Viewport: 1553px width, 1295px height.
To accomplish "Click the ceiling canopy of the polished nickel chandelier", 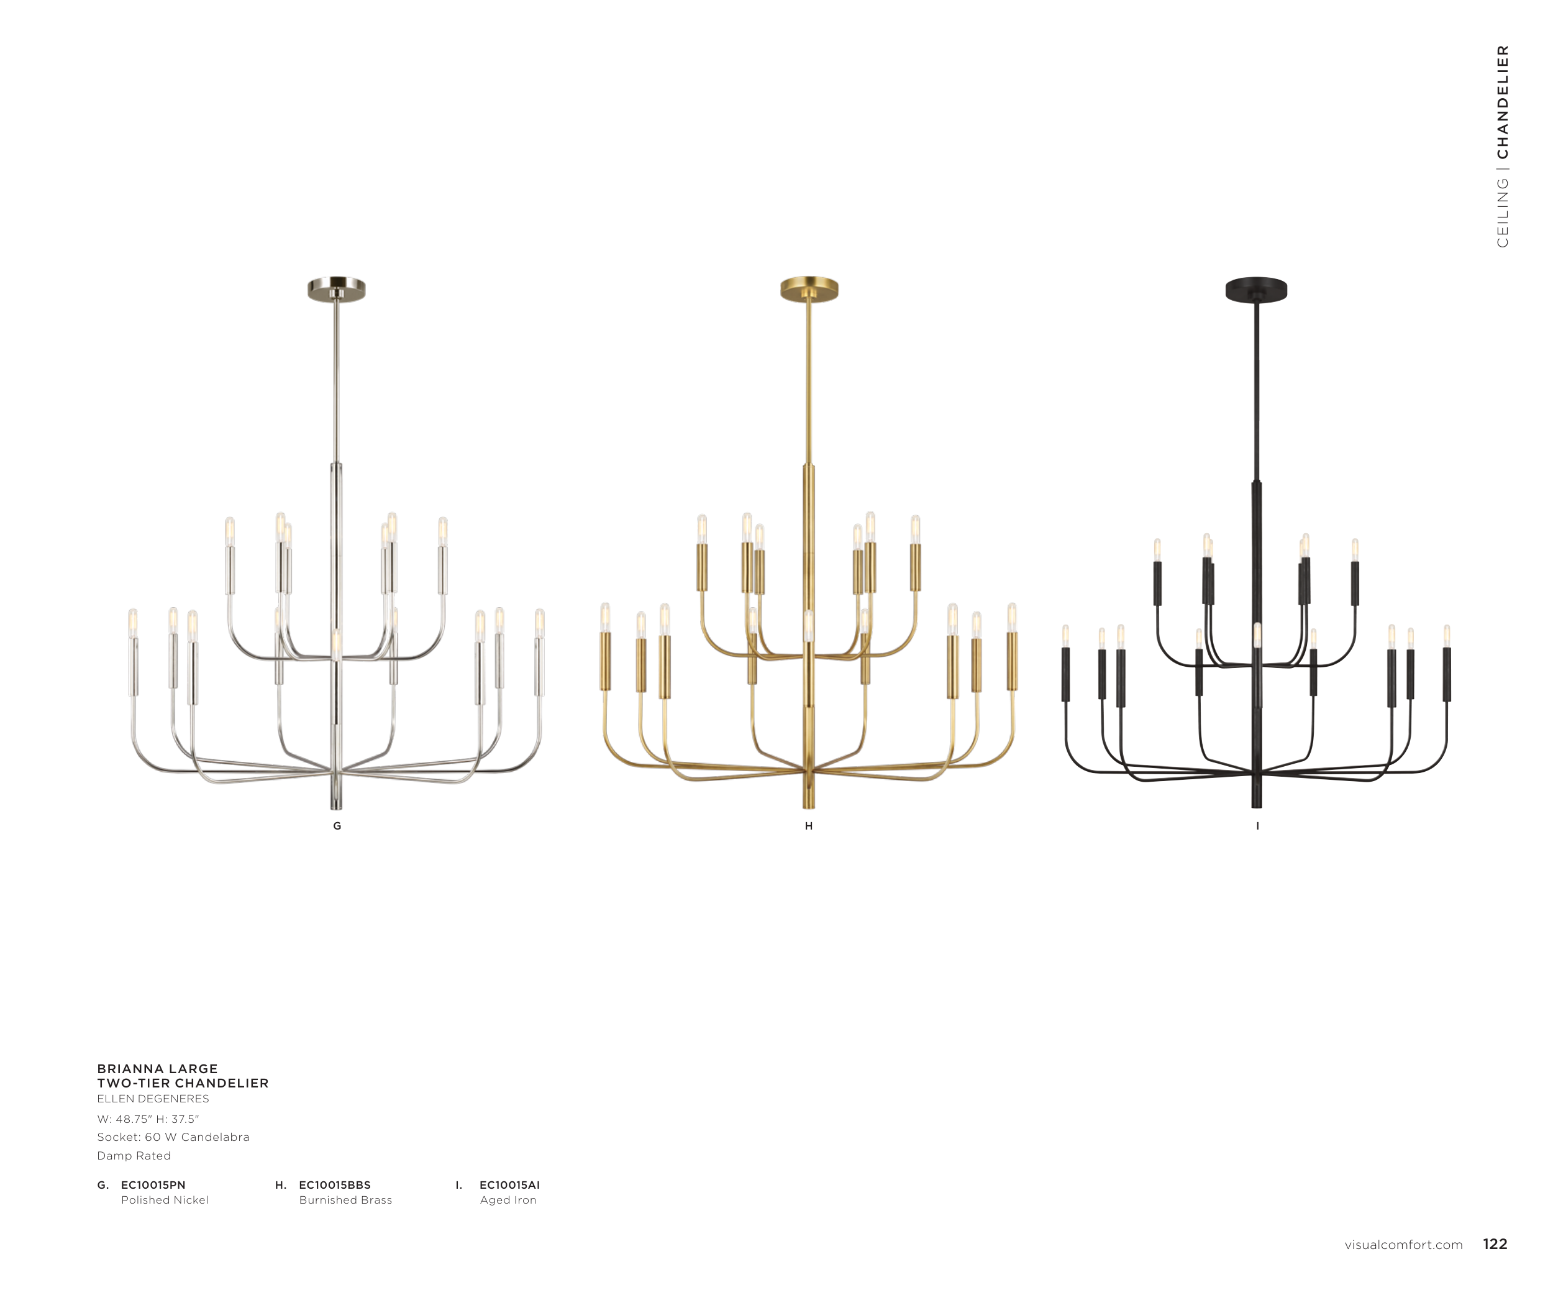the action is pyautogui.click(x=337, y=289).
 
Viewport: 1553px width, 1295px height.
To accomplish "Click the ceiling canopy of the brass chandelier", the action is pyautogui.click(x=809, y=289).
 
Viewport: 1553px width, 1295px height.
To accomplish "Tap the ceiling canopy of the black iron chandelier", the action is pyautogui.click(x=1257, y=290).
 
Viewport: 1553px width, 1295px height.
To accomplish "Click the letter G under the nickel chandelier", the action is pyautogui.click(x=337, y=826).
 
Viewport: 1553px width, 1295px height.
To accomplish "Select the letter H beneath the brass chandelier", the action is pyautogui.click(x=809, y=826).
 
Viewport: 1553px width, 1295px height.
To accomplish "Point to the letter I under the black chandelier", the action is pyautogui.click(x=1257, y=826).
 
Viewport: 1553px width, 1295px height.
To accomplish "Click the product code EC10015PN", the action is pyautogui.click(x=153, y=1185).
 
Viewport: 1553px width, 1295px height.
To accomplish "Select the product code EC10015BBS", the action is pyautogui.click(x=335, y=1185).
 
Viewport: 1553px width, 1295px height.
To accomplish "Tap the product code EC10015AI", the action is pyautogui.click(x=509, y=1185).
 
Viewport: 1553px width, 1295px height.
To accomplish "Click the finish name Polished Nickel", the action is pyautogui.click(x=165, y=1201).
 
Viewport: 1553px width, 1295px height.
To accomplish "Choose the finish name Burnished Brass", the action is pyautogui.click(x=345, y=1201).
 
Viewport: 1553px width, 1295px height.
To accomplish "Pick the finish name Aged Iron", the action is pyautogui.click(x=508, y=1201).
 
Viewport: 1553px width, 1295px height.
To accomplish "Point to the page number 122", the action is pyautogui.click(x=1495, y=1244).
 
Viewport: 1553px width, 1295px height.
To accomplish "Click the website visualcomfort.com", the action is pyautogui.click(x=1404, y=1245).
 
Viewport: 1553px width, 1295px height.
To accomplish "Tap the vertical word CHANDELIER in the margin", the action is pyautogui.click(x=1503, y=102).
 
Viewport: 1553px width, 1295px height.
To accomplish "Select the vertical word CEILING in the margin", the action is pyautogui.click(x=1503, y=213).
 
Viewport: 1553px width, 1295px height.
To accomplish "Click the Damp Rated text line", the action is pyautogui.click(x=134, y=1156).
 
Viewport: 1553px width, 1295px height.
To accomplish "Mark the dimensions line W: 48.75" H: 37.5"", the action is pyautogui.click(x=148, y=1119).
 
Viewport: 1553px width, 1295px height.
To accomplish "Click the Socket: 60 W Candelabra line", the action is pyautogui.click(x=173, y=1137).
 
